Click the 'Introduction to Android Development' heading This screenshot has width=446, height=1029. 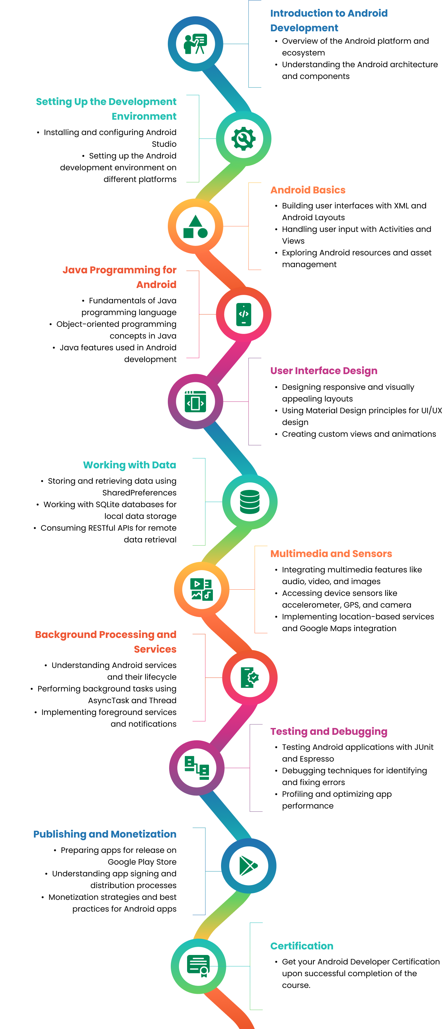(x=328, y=20)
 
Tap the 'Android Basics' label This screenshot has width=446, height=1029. (x=308, y=190)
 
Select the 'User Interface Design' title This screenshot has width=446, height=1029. (x=324, y=371)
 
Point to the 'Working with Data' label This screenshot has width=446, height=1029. (x=130, y=465)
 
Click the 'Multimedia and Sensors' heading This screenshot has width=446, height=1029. (x=331, y=554)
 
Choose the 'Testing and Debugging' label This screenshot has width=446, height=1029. (x=328, y=732)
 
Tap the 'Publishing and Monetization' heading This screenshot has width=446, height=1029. (x=105, y=834)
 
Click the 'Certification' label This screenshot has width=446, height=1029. (x=302, y=946)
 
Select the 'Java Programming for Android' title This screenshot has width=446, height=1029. (x=119, y=277)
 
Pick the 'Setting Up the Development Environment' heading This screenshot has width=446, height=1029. (x=106, y=109)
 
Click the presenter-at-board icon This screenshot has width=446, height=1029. (x=195, y=44)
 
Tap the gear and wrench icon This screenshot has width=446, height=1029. (x=244, y=139)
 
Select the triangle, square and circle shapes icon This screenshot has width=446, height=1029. (x=195, y=226)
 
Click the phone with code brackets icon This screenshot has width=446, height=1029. (x=244, y=314)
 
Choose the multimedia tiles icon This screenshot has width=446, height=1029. (x=201, y=589)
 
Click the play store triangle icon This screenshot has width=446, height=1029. (x=248, y=866)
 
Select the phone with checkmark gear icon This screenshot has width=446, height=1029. (x=249, y=677)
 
